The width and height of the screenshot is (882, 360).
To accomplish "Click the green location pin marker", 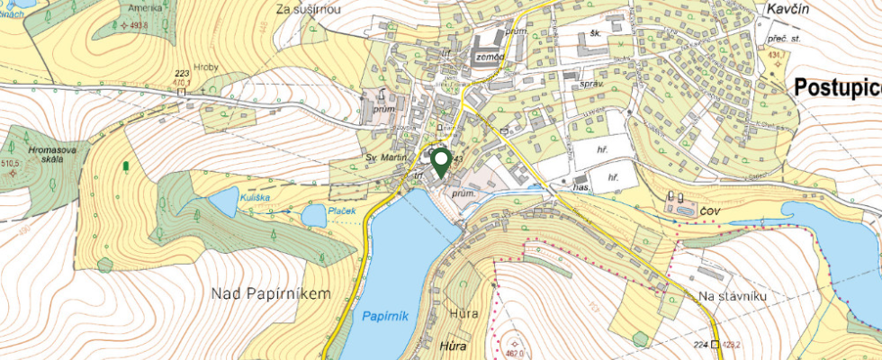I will pos(441,161).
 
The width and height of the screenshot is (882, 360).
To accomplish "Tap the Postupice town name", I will pos(837,87).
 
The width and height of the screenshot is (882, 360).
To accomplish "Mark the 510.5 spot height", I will pos(11,164).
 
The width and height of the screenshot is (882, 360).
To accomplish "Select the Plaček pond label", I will pos(342,211).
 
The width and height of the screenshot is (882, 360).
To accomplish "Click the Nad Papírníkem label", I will pos(266,293).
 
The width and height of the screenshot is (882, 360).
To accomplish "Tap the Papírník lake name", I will pos(386,316).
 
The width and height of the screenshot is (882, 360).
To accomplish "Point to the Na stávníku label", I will pos(730,296).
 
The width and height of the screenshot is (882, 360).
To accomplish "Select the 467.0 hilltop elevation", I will pos(514,354).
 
